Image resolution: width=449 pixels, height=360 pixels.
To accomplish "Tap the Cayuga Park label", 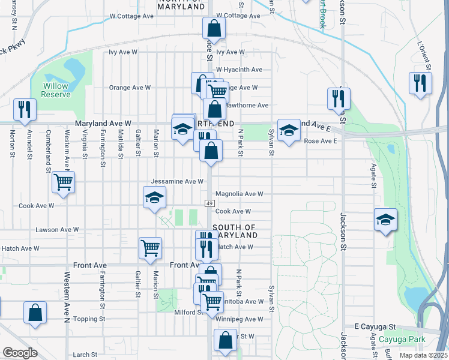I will (402, 340).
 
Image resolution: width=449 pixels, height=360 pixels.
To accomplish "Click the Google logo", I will (20, 353).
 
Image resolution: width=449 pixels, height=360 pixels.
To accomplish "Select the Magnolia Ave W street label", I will (240, 194).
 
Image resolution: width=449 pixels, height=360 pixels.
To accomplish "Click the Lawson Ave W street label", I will (57, 229).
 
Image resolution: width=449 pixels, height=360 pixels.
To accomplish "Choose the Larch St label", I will (85, 355).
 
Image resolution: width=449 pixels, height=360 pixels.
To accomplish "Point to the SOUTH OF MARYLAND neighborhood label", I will (234, 231).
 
